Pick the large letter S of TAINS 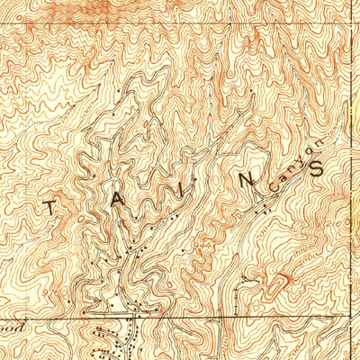click(317, 167)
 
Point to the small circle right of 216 click(353, 219)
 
